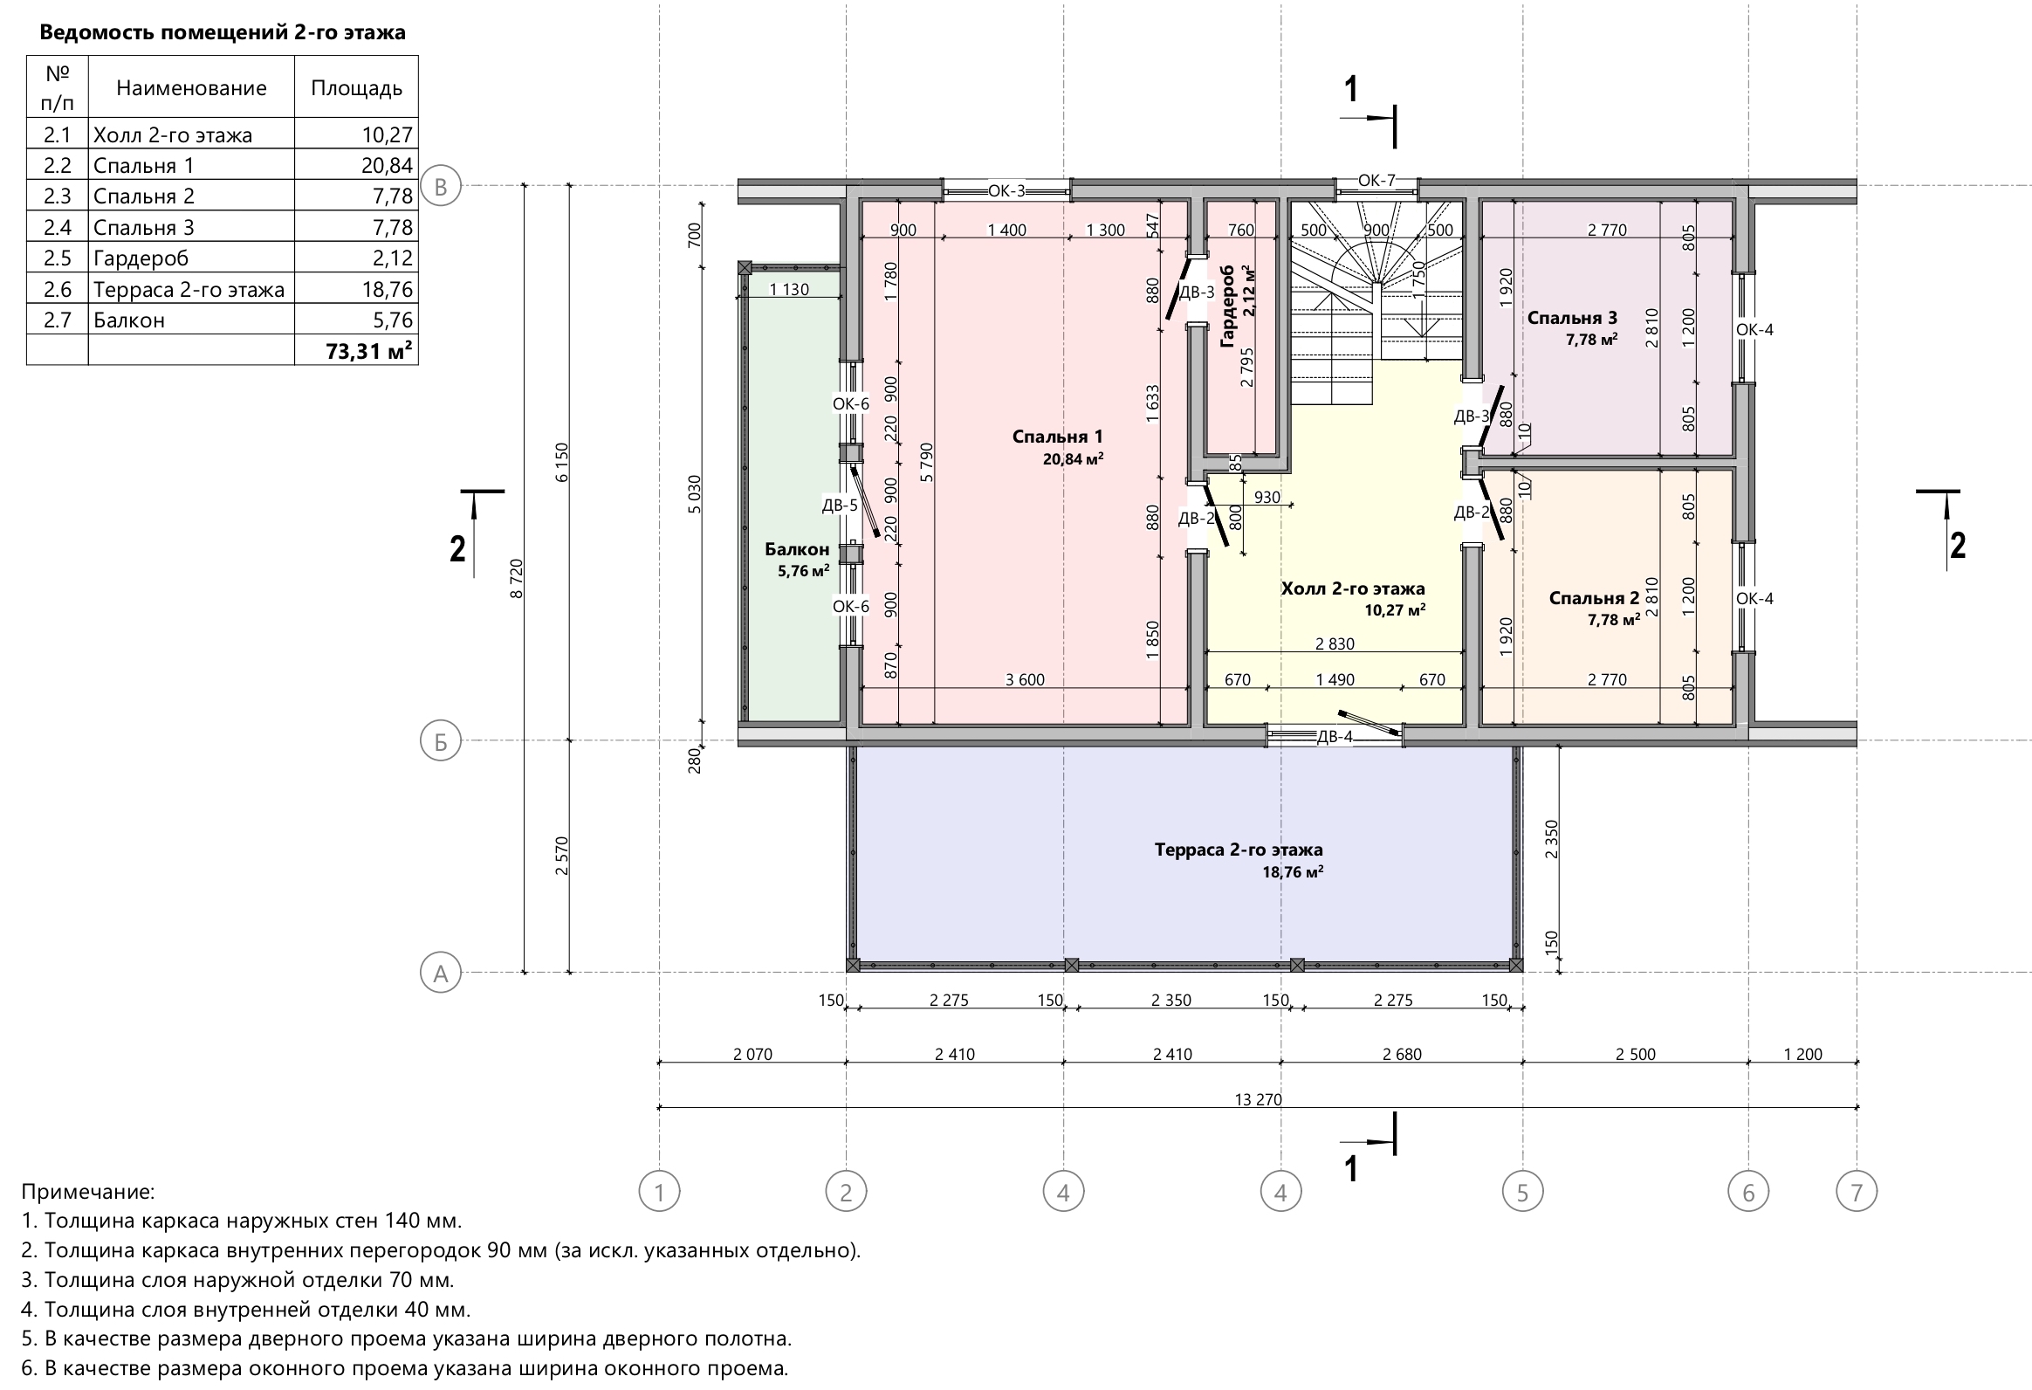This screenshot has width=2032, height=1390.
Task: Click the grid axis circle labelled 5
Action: click(1522, 1192)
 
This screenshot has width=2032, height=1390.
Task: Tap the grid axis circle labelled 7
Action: click(1857, 1192)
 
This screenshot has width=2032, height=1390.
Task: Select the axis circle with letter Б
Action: click(441, 741)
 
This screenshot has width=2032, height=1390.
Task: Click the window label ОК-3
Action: click(1006, 190)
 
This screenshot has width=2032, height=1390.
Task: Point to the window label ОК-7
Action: click(1376, 180)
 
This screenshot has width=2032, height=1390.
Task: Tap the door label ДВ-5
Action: click(840, 505)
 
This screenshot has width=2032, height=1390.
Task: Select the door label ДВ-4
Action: click(1335, 737)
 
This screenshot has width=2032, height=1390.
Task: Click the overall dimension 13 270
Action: click(1258, 1099)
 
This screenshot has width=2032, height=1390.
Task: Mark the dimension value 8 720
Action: click(517, 578)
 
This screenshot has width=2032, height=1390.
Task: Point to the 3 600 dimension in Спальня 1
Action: click(1025, 679)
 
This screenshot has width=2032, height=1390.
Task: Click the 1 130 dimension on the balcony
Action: click(789, 290)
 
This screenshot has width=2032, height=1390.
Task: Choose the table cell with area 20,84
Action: click(356, 165)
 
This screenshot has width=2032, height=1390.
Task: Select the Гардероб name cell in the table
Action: click(191, 258)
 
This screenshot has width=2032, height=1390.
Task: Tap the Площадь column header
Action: click(356, 87)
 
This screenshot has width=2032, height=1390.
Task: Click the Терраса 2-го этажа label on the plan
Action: click(1238, 850)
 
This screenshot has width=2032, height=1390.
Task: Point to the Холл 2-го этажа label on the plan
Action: click(1353, 588)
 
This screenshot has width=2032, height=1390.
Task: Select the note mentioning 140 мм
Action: click(241, 1221)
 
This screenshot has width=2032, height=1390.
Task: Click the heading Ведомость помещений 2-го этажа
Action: click(223, 33)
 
